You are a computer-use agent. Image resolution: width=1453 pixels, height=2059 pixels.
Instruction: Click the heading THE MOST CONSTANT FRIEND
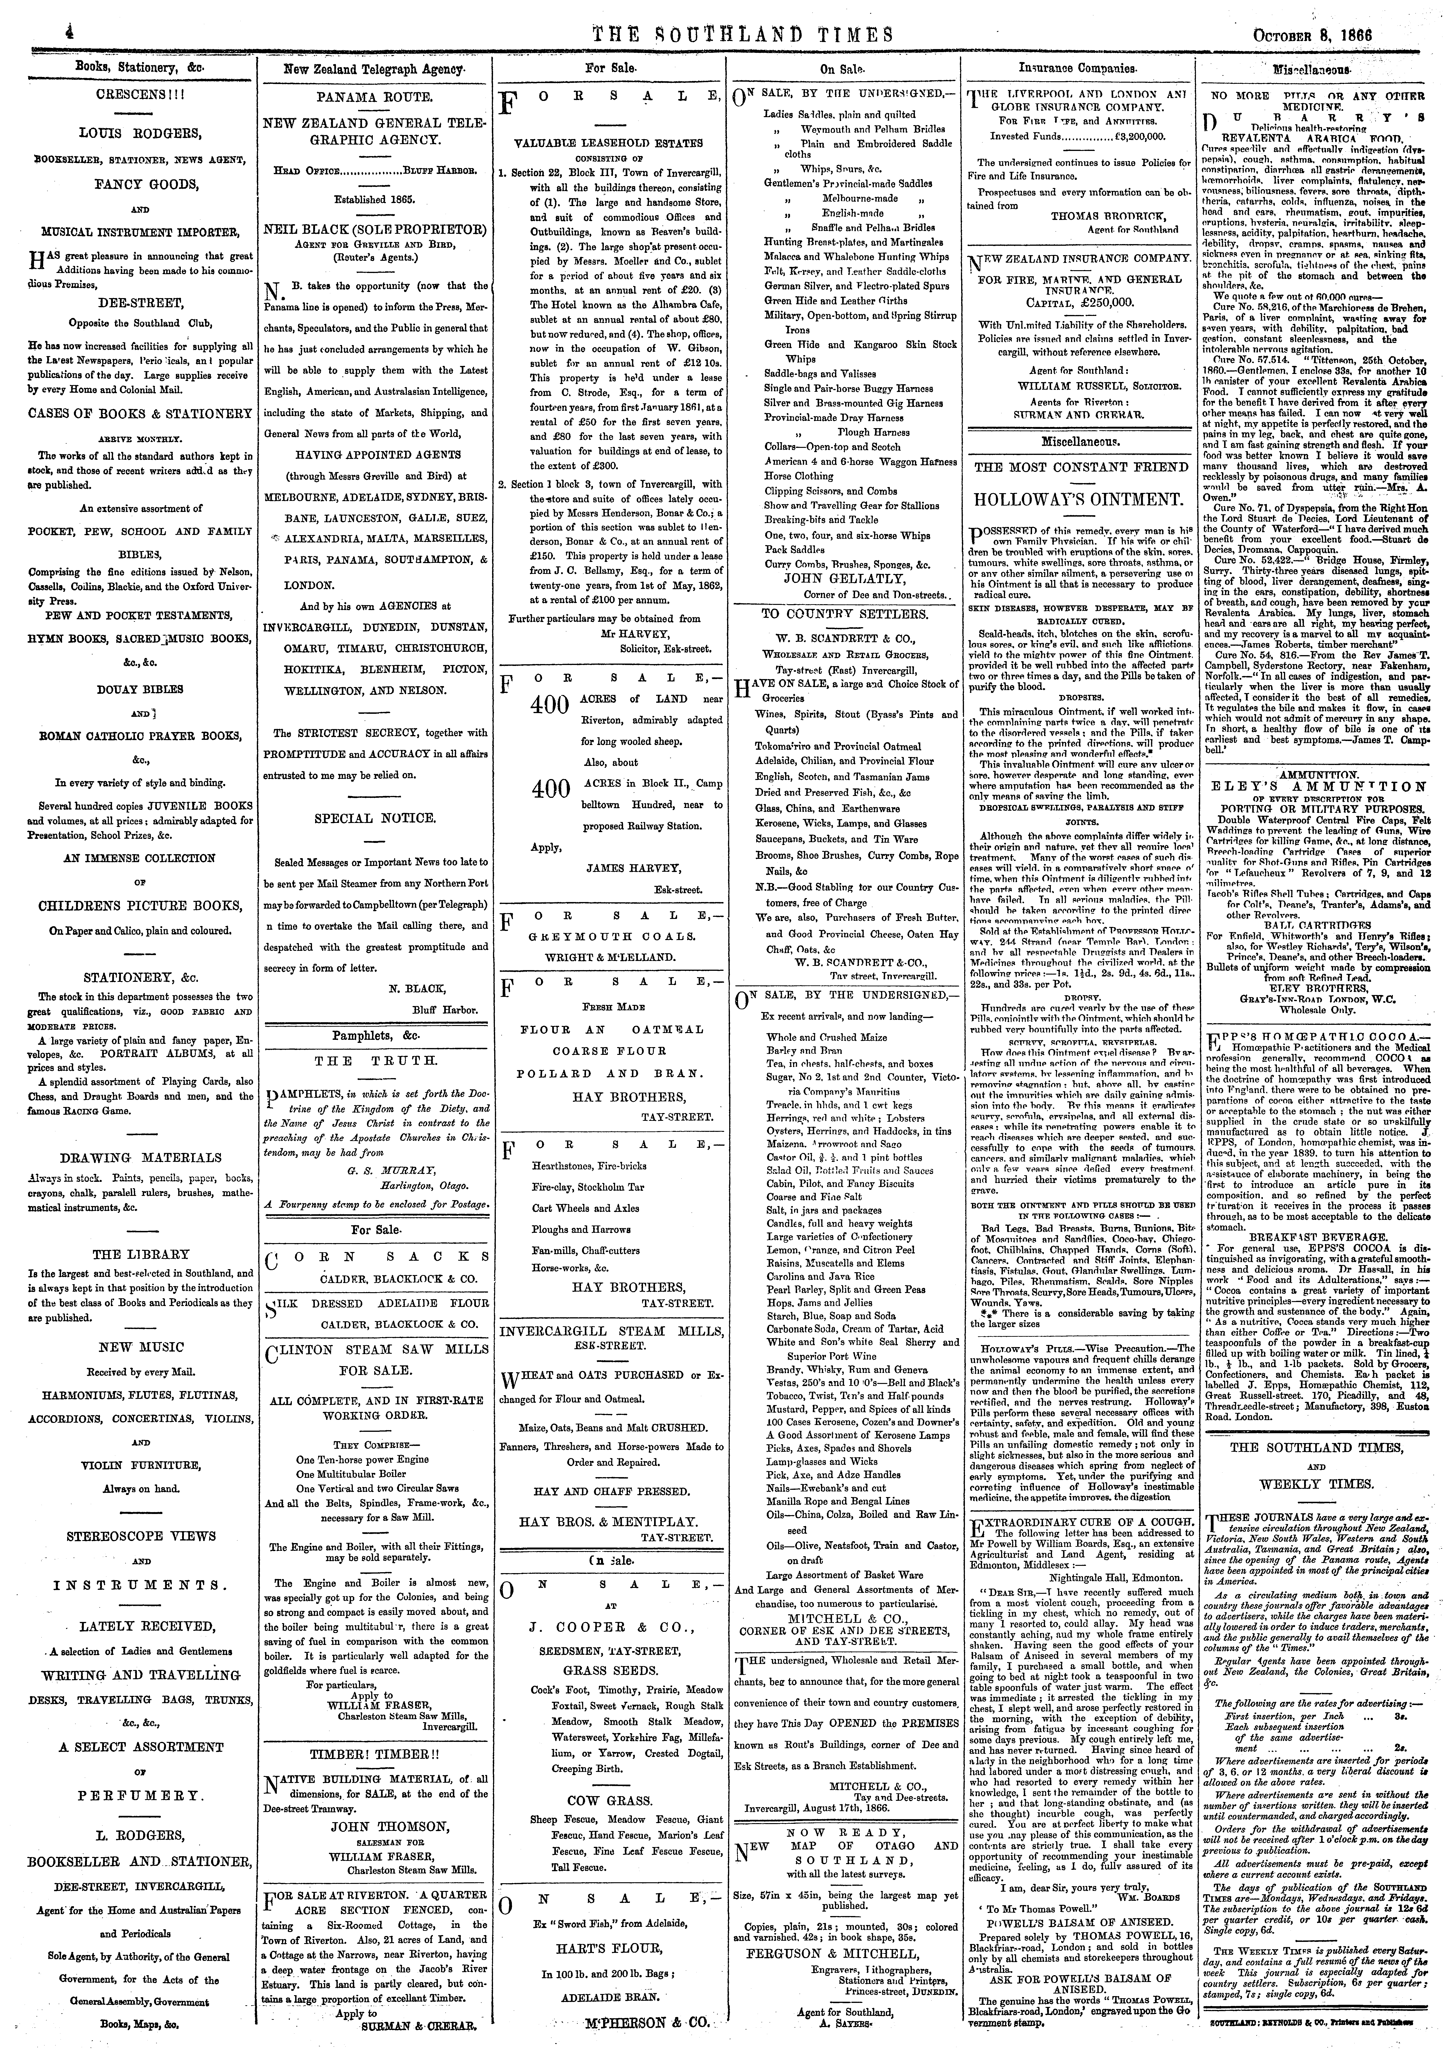[x=1079, y=467]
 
